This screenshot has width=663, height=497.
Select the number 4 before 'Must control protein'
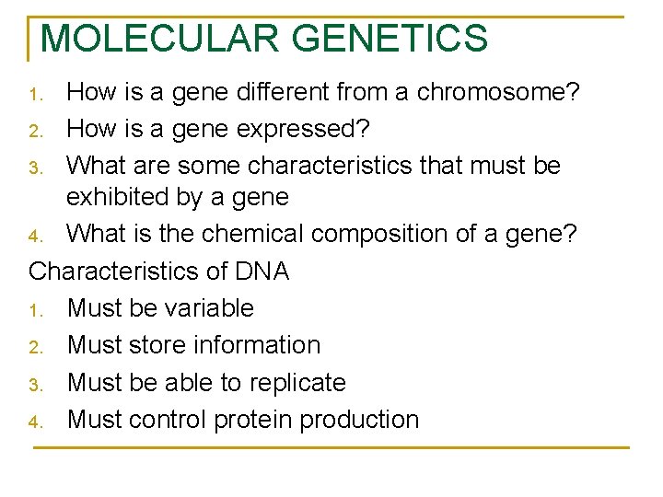pyautogui.click(x=35, y=422)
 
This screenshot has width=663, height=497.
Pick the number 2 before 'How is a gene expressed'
pyautogui.click(x=35, y=131)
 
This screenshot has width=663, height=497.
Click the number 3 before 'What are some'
pyautogui.click(x=35, y=168)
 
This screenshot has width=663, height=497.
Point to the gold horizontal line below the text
pyautogui.click(x=331, y=447)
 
